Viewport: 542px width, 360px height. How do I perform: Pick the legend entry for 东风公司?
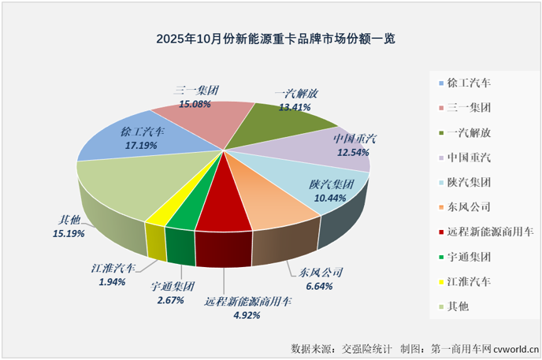pyautogui.click(x=469, y=207)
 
